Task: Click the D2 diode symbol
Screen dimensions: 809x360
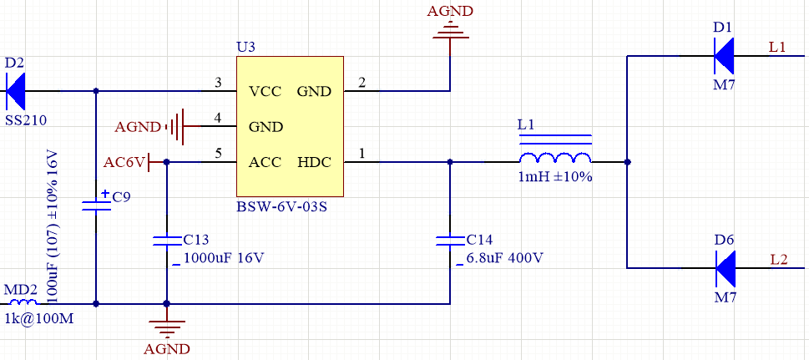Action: [x=16, y=91]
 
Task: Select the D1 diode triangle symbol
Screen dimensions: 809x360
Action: [x=724, y=55]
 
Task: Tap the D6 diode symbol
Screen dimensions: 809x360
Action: [x=725, y=268]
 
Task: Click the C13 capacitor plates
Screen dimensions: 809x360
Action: [x=167, y=241]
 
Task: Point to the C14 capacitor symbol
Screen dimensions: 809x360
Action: [x=450, y=241]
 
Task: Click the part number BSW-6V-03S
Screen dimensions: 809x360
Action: [x=281, y=208]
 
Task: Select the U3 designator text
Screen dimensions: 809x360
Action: [x=245, y=48]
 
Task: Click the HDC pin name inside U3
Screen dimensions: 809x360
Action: [x=314, y=162]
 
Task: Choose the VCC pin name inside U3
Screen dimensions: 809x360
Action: [x=265, y=91]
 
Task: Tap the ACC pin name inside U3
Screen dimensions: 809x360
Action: [x=265, y=162]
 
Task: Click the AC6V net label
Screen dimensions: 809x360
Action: [x=125, y=162]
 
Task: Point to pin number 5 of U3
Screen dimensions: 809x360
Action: [x=218, y=154]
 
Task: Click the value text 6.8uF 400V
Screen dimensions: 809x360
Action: [x=505, y=257]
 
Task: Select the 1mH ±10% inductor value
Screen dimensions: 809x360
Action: [x=555, y=176]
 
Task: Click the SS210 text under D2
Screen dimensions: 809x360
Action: [x=26, y=121]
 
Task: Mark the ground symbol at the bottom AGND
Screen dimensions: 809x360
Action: [x=167, y=327]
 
